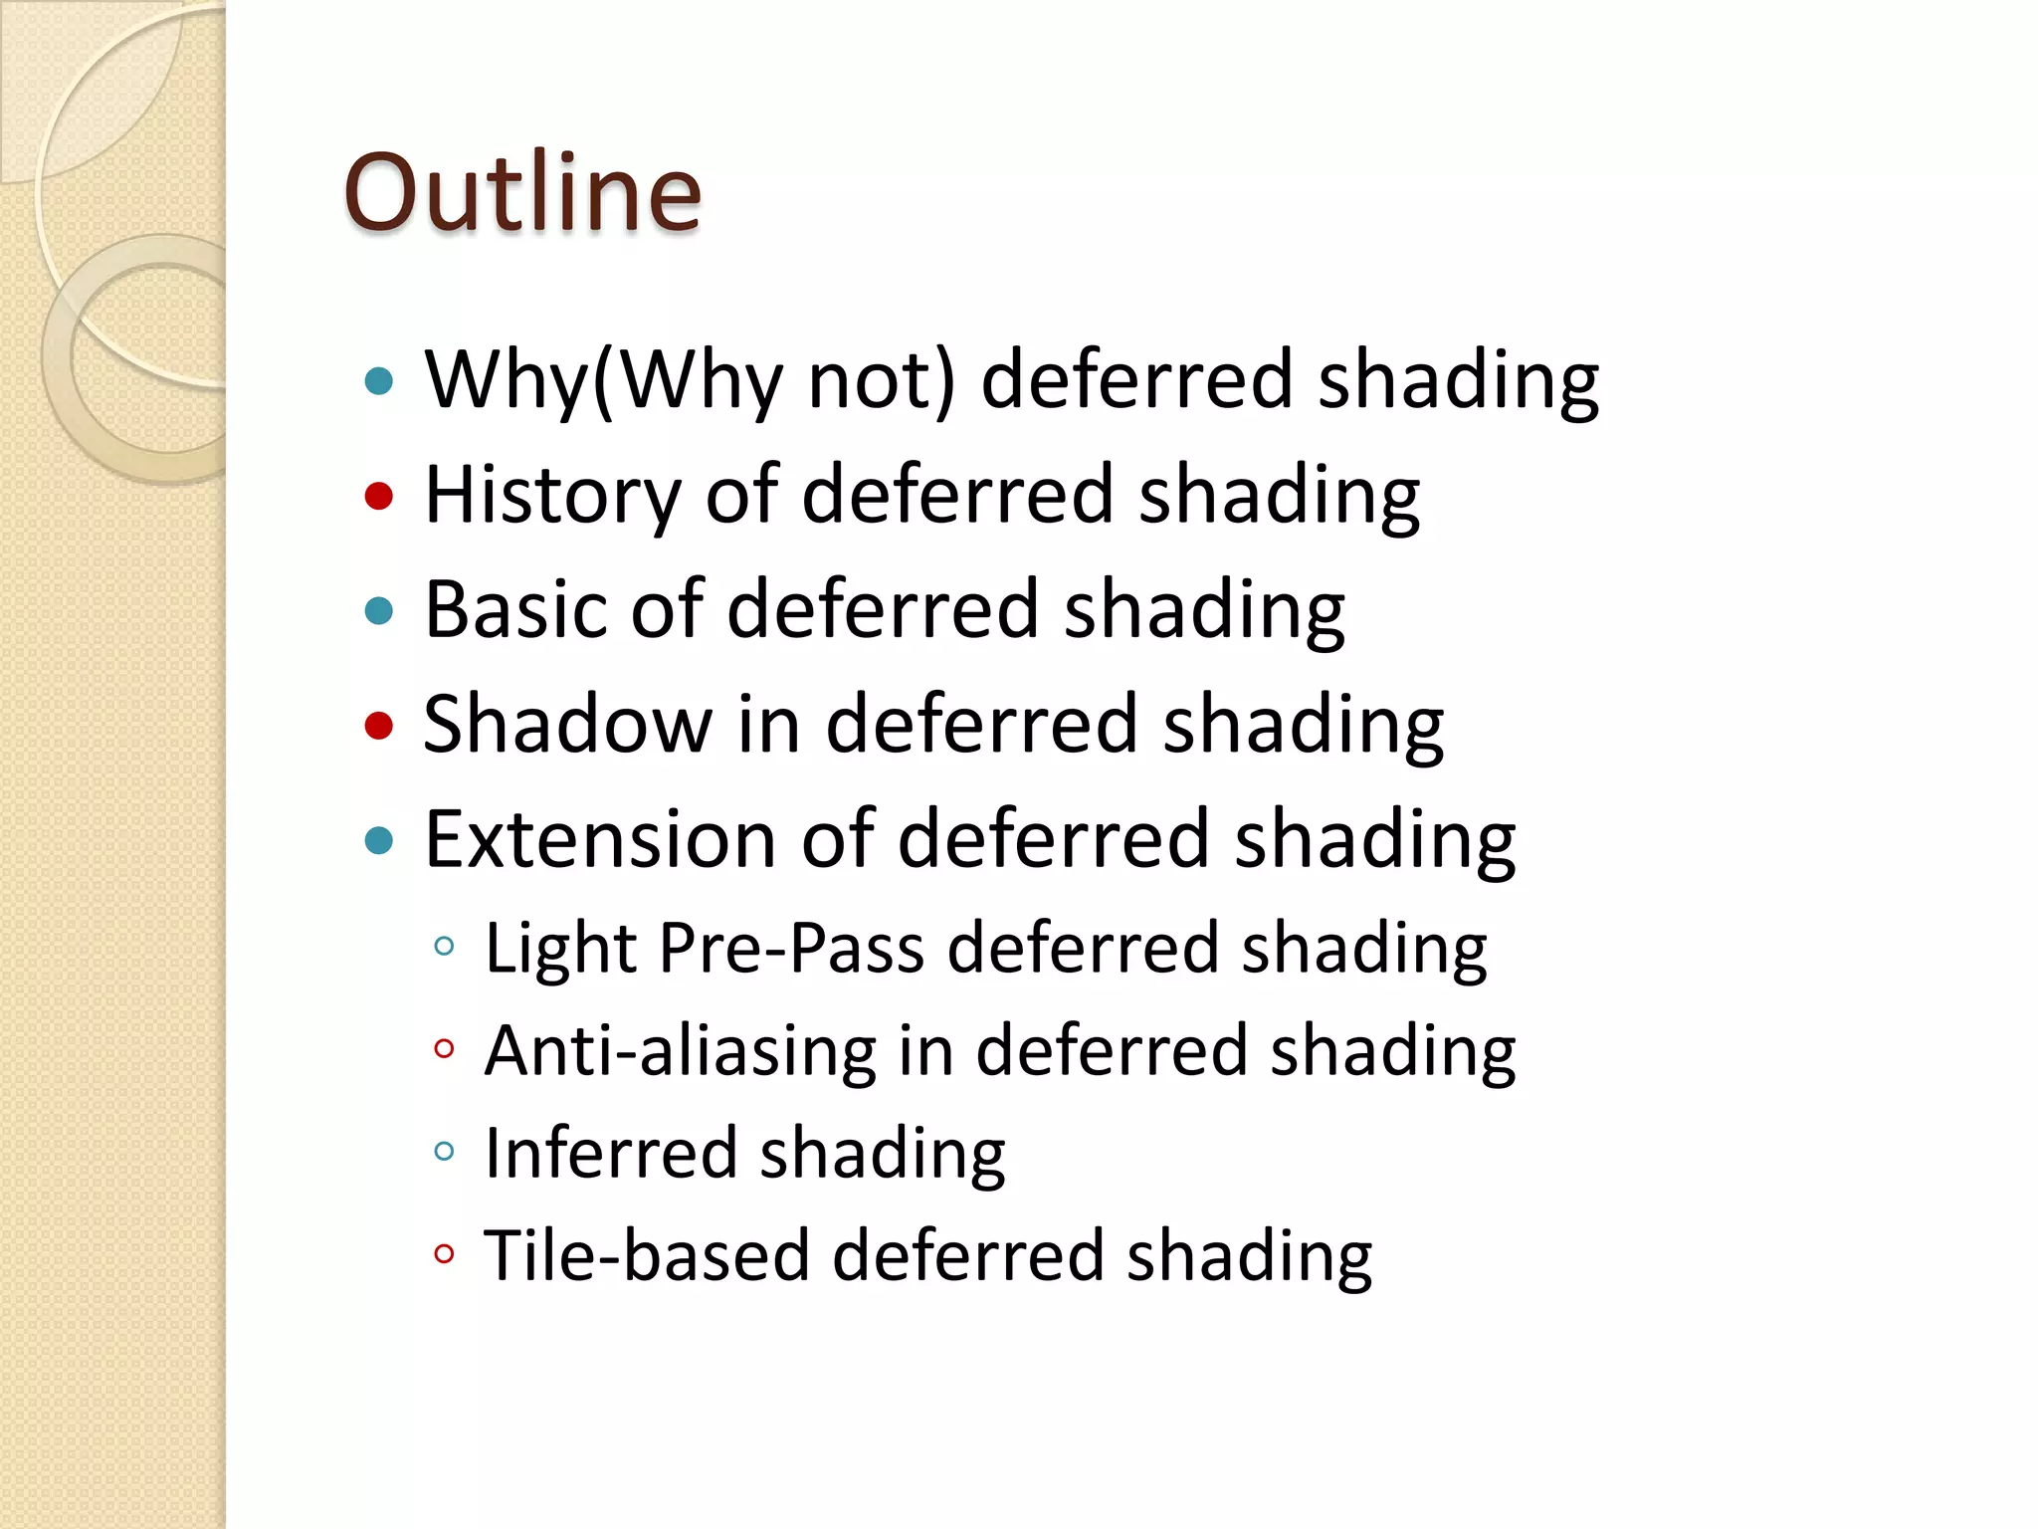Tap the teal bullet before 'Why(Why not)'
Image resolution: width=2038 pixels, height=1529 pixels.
pos(379,380)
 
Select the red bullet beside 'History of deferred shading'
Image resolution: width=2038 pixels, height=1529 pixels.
pos(379,495)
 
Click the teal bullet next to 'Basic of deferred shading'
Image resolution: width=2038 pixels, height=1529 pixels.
pos(379,610)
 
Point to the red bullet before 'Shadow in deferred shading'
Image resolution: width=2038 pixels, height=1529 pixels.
pos(379,725)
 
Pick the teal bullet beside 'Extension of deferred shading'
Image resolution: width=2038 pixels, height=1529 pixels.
pos(379,840)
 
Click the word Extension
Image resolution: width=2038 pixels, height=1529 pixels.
pos(600,839)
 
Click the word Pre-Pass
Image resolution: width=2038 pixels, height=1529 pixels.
pos(791,948)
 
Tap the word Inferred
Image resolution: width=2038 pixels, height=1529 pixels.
pos(610,1153)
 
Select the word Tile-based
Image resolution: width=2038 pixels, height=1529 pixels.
pos(646,1255)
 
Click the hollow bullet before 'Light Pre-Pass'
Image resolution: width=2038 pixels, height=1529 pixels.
pos(444,946)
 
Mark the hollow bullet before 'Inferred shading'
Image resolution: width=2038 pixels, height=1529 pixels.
pos(444,1152)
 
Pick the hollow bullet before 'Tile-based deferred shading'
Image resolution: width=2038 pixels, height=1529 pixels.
pos(444,1254)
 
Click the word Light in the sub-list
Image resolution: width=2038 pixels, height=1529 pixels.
pos(559,948)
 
